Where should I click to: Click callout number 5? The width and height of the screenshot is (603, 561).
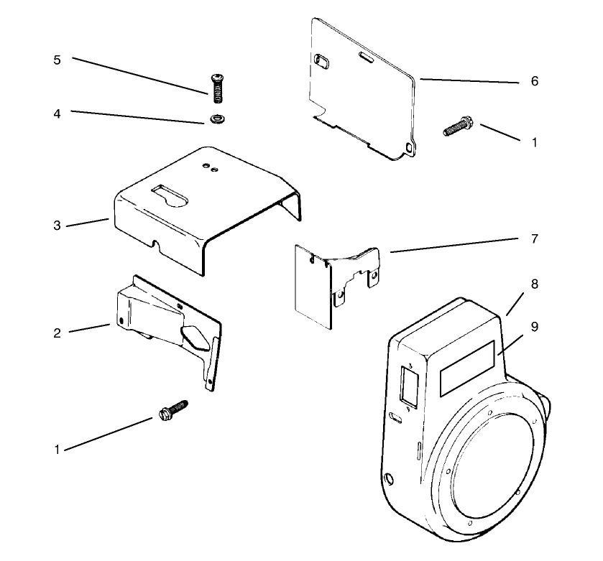[x=57, y=60]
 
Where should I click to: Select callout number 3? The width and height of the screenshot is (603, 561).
[x=57, y=226]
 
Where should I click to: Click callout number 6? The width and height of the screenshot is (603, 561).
[x=533, y=81]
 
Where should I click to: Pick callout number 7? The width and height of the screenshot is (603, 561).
[x=533, y=238]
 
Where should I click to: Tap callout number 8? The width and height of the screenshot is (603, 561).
[x=533, y=284]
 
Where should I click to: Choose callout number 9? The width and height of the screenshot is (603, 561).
[x=533, y=325]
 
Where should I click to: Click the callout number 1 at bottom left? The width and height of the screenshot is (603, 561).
[x=57, y=450]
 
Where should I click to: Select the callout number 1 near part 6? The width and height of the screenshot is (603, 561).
[x=533, y=142]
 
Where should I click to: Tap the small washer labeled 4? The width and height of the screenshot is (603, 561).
[x=215, y=118]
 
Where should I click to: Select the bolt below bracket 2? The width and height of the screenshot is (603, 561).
[x=172, y=412]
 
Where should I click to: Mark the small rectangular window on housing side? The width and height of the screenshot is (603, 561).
[x=408, y=388]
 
